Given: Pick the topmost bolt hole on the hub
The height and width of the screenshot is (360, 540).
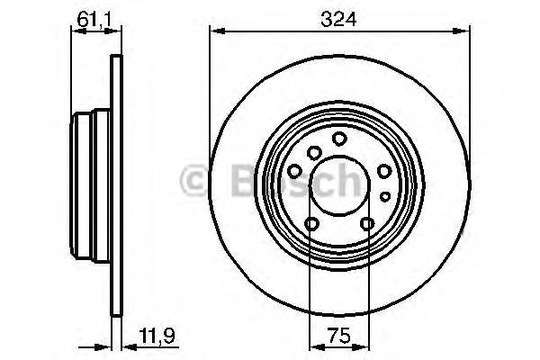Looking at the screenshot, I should tap(339, 139).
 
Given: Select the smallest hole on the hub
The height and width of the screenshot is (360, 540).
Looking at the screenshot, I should tap(384, 195).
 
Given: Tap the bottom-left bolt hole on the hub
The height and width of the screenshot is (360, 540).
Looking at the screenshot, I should tap(311, 224).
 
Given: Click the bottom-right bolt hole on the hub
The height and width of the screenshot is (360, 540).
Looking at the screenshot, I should tap(367, 224).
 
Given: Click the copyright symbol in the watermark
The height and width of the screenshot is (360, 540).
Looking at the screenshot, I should tap(194, 180).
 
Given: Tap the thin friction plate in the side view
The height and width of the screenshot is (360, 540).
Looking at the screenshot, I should tap(114, 189).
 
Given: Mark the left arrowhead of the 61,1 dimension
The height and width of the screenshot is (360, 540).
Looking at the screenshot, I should tap(74, 34).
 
